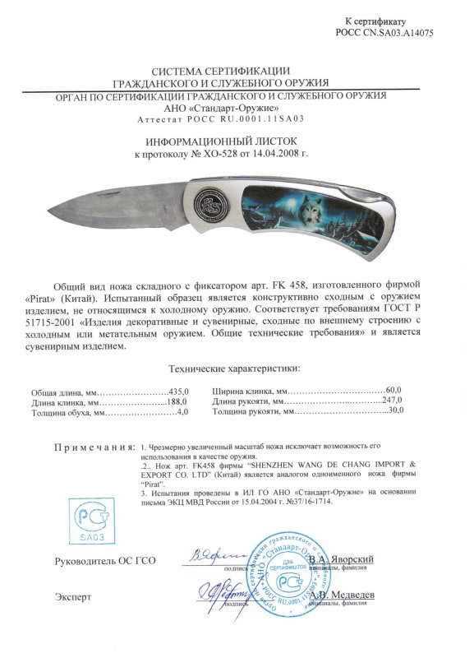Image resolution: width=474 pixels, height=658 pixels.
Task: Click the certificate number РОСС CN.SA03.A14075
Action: pyautogui.click(x=384, y=33)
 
